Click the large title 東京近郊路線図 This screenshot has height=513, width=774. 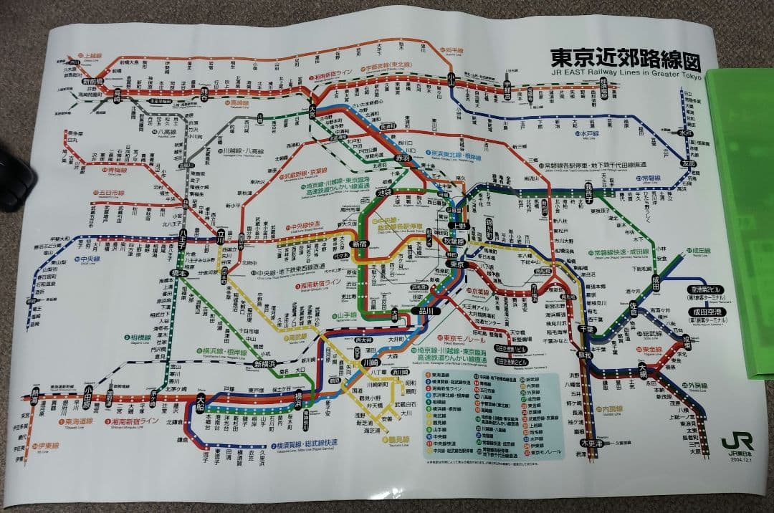tap(623, 57)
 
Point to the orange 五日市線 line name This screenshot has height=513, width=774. tap(110, 192)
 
